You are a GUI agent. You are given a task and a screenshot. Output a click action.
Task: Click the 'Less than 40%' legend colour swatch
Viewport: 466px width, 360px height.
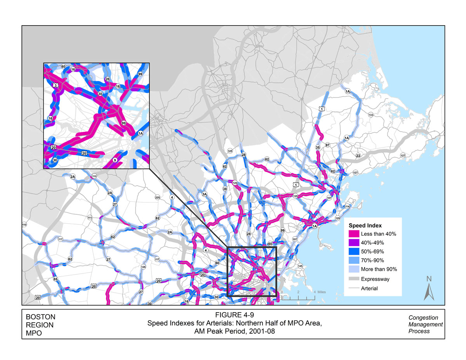(x=354, y=234)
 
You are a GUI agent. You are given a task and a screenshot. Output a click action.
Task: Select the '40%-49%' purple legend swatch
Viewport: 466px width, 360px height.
(x=354, y=243)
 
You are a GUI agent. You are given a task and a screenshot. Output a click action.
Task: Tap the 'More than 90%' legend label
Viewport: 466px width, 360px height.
(x=379, y=269)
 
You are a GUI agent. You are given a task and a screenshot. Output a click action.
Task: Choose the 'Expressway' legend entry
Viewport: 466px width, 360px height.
(x=375, y=279)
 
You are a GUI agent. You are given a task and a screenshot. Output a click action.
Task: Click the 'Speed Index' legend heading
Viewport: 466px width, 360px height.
(x=365, y=225)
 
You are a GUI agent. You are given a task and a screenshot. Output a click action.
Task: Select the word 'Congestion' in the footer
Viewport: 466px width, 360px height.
(x=423, y=318)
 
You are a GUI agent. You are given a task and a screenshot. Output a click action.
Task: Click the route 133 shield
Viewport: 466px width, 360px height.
(x=371, y=115)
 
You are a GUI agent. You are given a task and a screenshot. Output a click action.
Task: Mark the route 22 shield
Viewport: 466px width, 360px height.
(x=358, y=156)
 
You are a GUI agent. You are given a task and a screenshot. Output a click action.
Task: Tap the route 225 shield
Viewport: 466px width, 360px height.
(x=157, y=198)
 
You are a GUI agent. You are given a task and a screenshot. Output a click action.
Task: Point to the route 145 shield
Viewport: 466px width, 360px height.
(x=300, y=266)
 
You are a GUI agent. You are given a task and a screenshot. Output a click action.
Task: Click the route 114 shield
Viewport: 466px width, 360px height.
(x=347, y=206)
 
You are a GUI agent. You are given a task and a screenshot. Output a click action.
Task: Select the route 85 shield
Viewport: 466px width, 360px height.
(x=55, y=279)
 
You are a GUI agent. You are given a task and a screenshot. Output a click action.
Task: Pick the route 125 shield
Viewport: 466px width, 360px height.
(x=230, y=151)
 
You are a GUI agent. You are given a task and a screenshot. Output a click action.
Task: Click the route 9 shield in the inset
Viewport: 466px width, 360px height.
(x=115, y=160)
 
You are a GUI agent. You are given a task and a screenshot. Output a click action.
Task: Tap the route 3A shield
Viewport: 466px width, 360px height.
(x=204, y=194)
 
